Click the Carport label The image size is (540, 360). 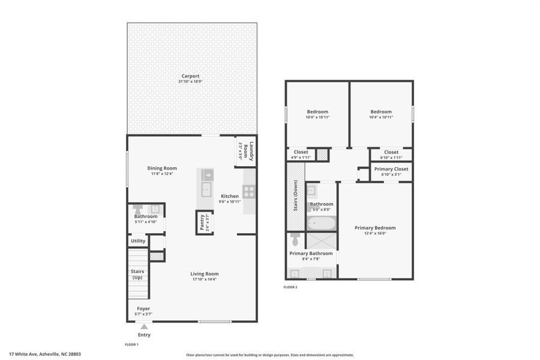191,76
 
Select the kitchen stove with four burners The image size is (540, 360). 249,191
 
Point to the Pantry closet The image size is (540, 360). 204,223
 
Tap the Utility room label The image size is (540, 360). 138,241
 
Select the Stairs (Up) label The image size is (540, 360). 137,275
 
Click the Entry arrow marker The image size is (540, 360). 143,326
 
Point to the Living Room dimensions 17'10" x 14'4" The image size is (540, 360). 204,279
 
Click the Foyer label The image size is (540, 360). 143,308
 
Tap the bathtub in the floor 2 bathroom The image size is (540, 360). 322,223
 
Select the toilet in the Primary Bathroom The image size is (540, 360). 295,239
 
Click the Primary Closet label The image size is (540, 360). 391,169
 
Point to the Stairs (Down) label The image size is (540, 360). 295,196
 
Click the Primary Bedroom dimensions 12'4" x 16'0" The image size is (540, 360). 375,233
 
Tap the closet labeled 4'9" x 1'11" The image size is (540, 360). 300,154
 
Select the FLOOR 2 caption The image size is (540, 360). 290,287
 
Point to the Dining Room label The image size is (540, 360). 162,168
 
